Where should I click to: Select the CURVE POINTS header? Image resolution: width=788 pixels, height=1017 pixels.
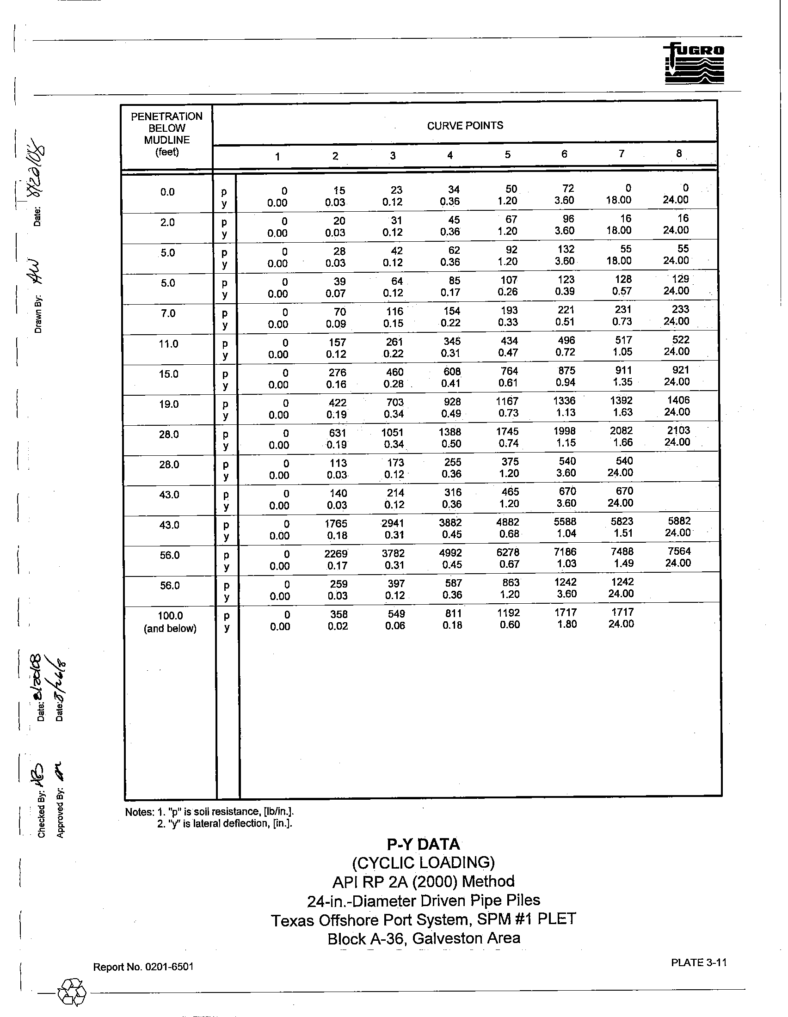coord(465,126)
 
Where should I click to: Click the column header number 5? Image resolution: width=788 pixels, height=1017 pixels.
coord(508,154)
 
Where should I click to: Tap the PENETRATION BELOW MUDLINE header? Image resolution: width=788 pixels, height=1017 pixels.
coord(167,134)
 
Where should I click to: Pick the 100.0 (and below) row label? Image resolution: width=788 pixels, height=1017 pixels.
coord(170,622)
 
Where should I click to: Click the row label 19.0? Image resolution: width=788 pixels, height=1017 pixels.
coord(169,404)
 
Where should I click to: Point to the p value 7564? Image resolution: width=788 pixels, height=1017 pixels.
coord(679,551)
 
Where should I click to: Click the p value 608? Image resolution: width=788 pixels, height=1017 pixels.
coord(452,372)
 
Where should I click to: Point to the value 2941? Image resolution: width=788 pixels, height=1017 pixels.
coord(394,523)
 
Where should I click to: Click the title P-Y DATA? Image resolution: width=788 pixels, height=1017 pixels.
coord(423,844)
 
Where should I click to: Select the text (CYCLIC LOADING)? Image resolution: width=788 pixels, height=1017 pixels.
coord(423,863)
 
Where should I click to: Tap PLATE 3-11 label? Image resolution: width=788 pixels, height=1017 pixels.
coord(699,962)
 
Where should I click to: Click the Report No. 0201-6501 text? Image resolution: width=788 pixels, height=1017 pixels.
coord(143,967)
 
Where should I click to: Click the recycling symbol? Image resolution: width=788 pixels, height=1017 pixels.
coord(72,992)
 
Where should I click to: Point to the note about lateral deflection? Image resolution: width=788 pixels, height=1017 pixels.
coord(224,824)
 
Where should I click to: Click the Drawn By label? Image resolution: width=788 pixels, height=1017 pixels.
coord(38,314)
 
